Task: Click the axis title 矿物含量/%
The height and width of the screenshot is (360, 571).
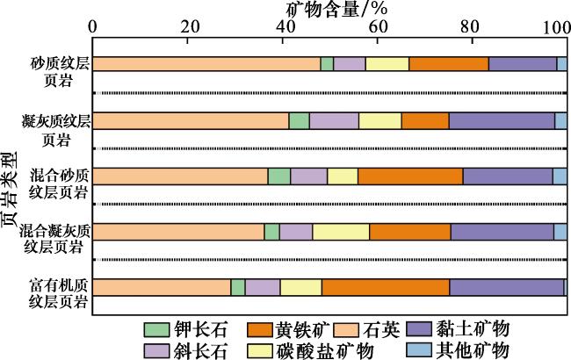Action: pos(337,9)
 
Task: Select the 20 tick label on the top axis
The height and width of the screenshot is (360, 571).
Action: pos(191,27)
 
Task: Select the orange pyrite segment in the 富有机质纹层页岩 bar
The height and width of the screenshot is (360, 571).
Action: pos(386,287)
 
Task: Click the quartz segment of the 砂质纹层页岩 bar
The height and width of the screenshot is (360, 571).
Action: pos(206,63)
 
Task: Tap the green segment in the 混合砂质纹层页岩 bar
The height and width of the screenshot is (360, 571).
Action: pos(279,176)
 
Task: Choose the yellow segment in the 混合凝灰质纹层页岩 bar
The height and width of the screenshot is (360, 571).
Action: pos(341,232)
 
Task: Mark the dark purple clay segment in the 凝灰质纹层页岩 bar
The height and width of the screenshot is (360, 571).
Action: pos(502,120)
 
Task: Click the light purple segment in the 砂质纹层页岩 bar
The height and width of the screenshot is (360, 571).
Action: pos(350,63)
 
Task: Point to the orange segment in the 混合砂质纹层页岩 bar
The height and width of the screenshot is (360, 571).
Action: pos(410,176)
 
